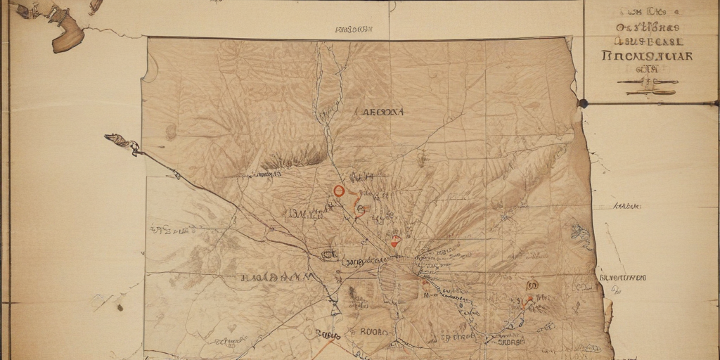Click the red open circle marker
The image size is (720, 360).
click(339, 191)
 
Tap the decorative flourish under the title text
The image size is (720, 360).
click(646, 86)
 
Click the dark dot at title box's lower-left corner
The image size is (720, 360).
click(583, 103)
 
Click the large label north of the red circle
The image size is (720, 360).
click(380, 112)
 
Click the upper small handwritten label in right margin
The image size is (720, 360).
click(626, 207)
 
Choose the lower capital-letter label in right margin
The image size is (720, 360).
click(622, 278)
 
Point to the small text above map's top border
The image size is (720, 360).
click(354, 30)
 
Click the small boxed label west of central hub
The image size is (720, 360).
click(328, 254)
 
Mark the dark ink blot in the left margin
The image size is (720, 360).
click(120, 307)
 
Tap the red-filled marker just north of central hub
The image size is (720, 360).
click(396, 241)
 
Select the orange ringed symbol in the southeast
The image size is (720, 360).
click(532, 285)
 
